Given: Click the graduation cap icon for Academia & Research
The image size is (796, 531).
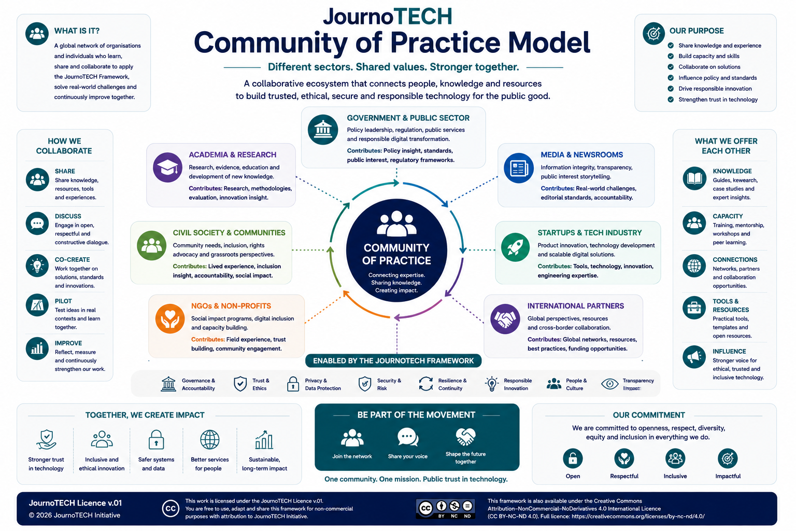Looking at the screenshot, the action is [167, 167].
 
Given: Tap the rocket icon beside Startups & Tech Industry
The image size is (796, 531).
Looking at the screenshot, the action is [515, 247].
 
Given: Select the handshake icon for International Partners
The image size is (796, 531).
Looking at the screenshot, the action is [505, 319].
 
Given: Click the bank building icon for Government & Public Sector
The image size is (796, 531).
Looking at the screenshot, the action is [323, 130].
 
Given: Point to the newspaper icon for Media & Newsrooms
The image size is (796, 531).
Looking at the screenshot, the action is [518, 168].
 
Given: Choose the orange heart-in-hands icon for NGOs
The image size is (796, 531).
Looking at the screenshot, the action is [170, 319].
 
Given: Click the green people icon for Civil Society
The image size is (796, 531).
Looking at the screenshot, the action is [152, 245].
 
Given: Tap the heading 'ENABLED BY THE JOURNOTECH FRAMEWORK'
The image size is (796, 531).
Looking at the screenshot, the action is [393, 360].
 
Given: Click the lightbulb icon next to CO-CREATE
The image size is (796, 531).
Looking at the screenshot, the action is [37, 265].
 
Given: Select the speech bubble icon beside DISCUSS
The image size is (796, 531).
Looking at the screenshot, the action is [37, 223].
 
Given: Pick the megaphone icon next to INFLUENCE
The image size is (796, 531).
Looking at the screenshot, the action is [694, 357].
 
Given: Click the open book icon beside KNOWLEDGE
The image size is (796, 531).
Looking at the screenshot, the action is [694, 178].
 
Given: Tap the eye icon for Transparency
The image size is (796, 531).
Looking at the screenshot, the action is [610, 384].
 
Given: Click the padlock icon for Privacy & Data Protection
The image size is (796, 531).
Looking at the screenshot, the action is [293, 384].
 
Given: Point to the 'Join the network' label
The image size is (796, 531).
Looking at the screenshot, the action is [352, 456].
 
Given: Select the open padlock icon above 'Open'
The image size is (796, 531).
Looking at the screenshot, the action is [573, 458].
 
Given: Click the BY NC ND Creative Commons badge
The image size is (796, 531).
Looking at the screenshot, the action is [446, 509].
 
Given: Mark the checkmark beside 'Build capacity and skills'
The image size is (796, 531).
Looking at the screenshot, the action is [671, 56].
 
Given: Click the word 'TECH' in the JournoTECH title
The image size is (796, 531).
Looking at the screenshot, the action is [423, 17].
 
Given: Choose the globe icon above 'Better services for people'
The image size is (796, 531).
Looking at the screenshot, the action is [210, 440].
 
